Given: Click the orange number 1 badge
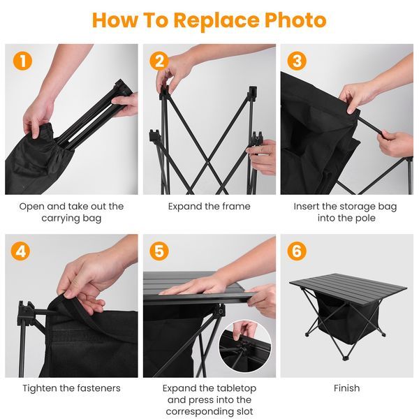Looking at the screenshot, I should [22, 61].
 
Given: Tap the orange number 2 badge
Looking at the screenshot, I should [160, 61].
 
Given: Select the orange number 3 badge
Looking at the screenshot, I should [297, 61].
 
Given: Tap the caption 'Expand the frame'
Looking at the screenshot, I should [209, 207].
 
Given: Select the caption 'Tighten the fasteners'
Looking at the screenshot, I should [71, 388].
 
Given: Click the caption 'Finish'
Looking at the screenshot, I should [346, 388].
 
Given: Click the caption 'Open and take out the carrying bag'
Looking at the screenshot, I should [71, 212].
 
